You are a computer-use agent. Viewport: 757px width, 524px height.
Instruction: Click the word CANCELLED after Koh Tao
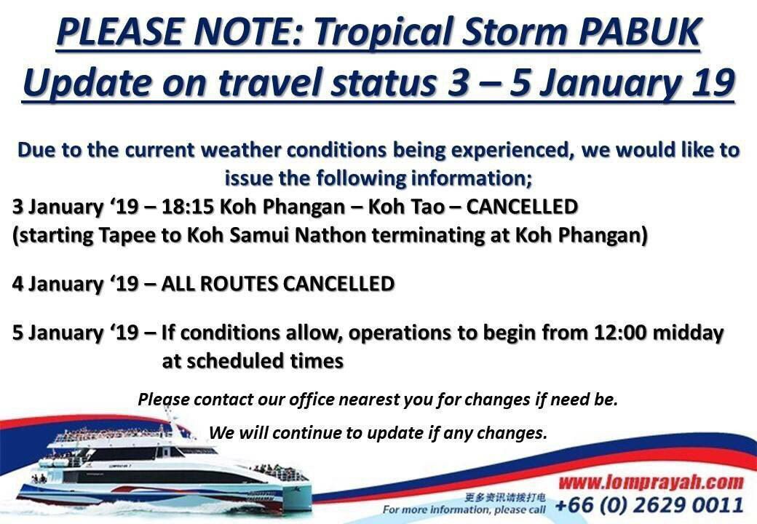[x=522, y=207]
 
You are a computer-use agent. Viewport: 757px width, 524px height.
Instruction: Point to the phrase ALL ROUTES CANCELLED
[x=277, y=283]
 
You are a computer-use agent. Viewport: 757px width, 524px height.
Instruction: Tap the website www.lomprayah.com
[x=651, y=482]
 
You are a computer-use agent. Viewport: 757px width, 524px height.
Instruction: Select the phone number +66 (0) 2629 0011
[x=649, y=504]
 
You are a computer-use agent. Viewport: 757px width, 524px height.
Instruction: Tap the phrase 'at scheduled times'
[x=253, y=361]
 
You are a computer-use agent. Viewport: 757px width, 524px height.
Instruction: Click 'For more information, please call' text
[x=464, y=509]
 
